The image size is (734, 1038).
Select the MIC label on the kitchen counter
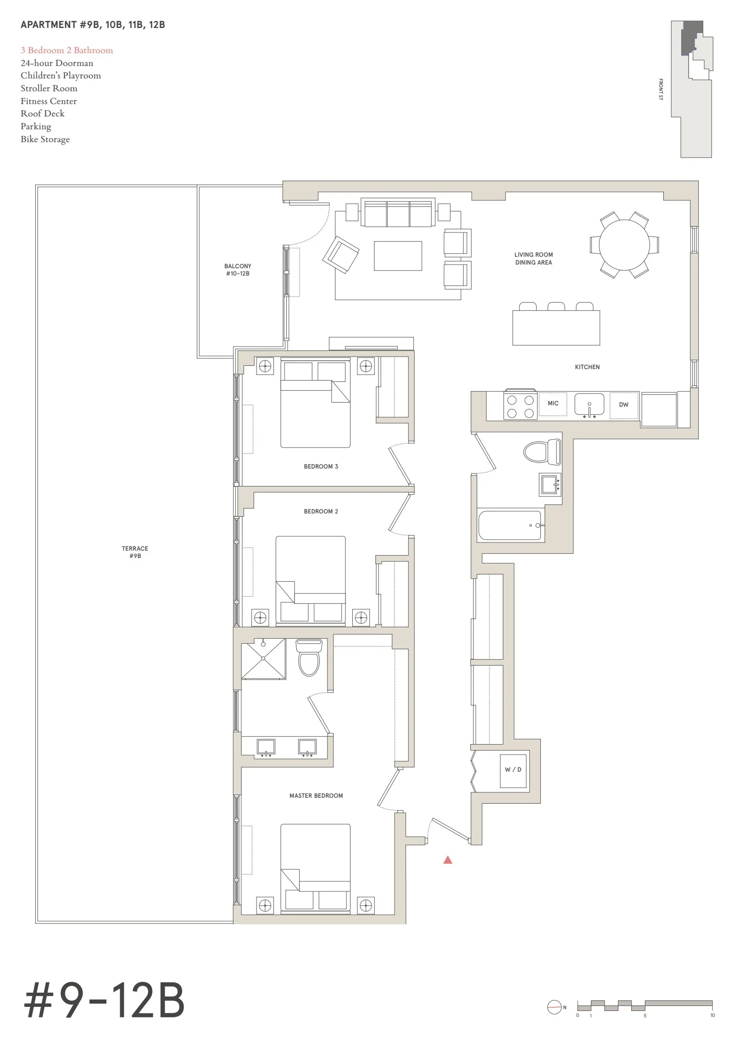(553, 403)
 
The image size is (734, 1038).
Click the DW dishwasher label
(623, 405)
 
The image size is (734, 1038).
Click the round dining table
(624, 244)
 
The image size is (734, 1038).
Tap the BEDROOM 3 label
(321, 467)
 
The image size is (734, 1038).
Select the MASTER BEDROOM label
(316, 796)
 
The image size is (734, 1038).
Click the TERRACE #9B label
(135, 552)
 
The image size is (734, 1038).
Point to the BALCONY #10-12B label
(238, 270)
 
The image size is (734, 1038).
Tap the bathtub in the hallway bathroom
(511, 525)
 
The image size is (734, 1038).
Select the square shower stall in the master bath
(263, 659)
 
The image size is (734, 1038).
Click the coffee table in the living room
(398, 256)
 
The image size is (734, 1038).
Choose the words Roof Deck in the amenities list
(43, 114)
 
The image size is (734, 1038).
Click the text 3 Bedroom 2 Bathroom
(67, 50)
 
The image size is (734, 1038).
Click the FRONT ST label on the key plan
(661, 90)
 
